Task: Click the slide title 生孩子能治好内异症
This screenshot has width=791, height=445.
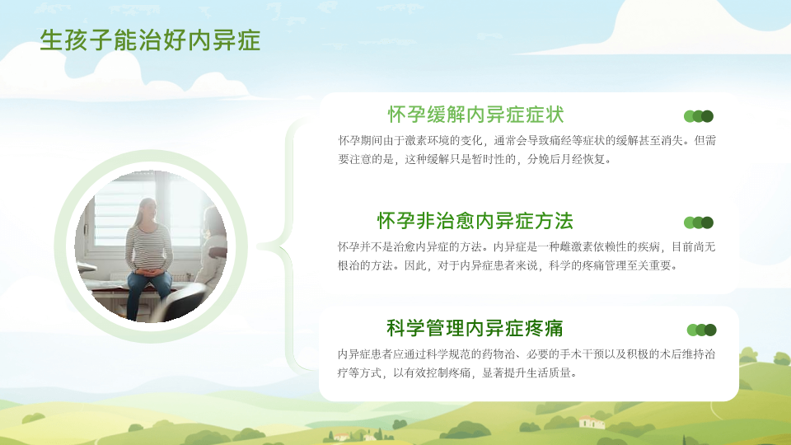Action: (x=150, y=40)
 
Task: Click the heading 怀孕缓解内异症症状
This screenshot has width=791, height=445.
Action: (x=475, y=115)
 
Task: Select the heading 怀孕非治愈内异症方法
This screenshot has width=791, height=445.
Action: (x=475, y=221)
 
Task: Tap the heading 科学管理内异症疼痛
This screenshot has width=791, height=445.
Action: (x=475, y=328)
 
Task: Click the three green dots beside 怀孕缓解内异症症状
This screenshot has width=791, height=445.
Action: (x=698, y=116)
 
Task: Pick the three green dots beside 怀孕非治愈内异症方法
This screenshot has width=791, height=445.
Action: (x=698, y=222)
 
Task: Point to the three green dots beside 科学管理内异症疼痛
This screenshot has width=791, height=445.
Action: (x=702, y=330)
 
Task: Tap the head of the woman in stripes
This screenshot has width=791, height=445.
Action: (x=147, y=209)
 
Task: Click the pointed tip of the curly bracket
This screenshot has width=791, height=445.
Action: (x=258, y=246)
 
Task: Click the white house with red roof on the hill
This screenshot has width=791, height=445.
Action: (x=592, y=421)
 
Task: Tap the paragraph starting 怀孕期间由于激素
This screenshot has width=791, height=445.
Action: (x=527, y=150)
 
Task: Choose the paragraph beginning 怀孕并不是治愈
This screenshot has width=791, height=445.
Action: (x=527, y=255)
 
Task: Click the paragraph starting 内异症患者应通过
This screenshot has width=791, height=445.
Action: (x=527, y=363)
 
